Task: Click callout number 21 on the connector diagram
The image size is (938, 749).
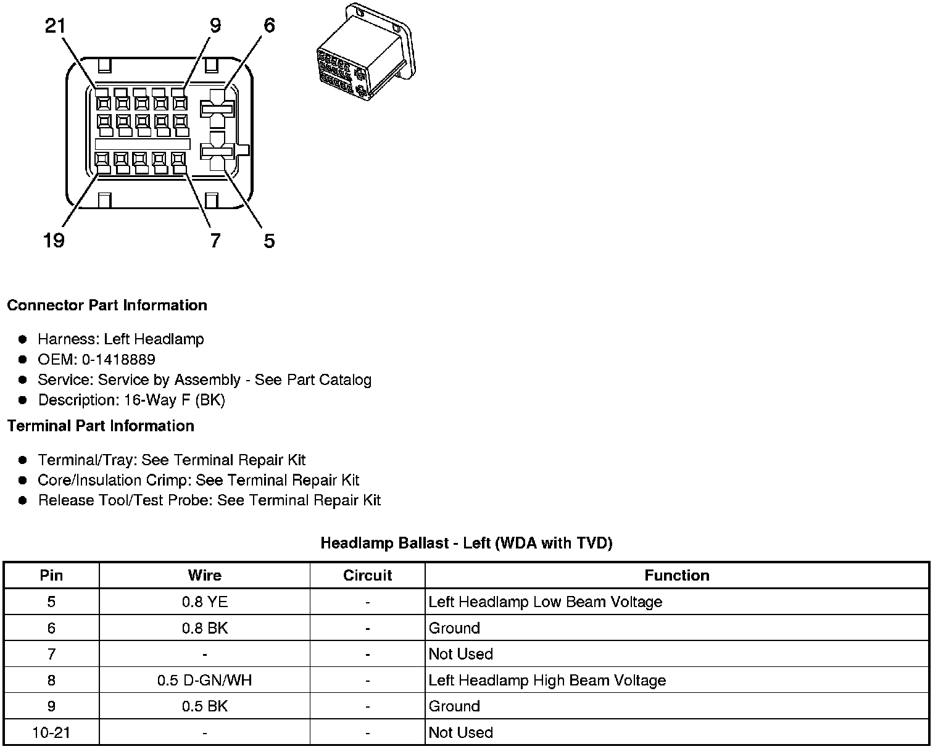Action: [x=56, y=26]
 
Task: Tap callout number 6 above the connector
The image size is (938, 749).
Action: [x=269, y=26]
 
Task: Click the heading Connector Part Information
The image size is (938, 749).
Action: [x=107, y=305]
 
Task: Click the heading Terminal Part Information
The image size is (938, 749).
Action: [x=101, y=426]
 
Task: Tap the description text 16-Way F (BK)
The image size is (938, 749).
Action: [x=175, y=400]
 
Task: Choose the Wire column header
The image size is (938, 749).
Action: [x=204, y=575]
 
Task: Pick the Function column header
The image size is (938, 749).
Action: [x=676, y=575]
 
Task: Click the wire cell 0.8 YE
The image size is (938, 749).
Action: [x=204, y=602]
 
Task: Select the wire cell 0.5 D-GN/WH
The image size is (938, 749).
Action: [x=204, y=680]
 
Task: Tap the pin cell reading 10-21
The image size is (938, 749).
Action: [x=51, y=732]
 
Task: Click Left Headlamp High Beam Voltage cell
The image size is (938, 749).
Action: [x=547, y=680]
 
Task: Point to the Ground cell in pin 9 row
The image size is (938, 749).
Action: [x=454, y=706]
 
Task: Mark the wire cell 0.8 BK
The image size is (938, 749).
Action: [x=204, y=628]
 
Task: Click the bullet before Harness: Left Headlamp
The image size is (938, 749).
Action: [x=23, y=339]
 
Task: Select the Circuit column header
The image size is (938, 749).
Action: [x=367, y=575]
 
